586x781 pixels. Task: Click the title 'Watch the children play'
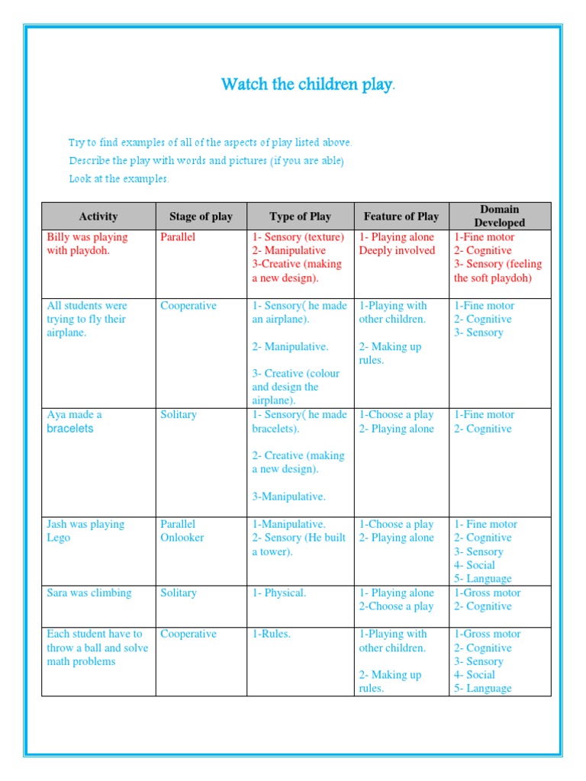pyautogui.click(x=307, y=84)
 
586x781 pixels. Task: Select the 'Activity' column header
pyautogui.click(x=98, y=217)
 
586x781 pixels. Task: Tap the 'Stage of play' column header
pyautogui.click(x=201, y=217)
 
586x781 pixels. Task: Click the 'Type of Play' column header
pyautogui.click(x=300, y=217)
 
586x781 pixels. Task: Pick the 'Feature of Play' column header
pyautogui.click(x=401, y=217)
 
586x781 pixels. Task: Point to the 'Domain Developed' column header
pyautogui.click(x=500, y=216)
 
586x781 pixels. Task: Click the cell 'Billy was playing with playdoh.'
pyautogui.click(x=87, y=243)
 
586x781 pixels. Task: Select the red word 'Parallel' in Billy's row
pyautogui.click(x=179, y=237)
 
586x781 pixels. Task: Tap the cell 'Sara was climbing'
pyautogui.click(x=89, y=593)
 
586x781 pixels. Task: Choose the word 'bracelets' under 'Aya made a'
pyautogui.click(x=70, y=429)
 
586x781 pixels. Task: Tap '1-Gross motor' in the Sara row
pyautogui.click(x=488, y=593)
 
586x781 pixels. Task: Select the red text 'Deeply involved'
pyautogui.click(x=397, y=251)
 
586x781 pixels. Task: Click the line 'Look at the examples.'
pyautogui.click(x=119, y=179)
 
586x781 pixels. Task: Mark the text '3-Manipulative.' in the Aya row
pyautogui.click(x=289, y=497)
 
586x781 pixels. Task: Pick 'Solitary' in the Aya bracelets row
pyautogui.click(x=179, y=415)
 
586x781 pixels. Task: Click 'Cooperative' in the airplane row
pyautogui.click(x=188, y=306)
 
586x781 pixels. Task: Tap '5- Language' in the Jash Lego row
pyautogui.click(x=483, y=579)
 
